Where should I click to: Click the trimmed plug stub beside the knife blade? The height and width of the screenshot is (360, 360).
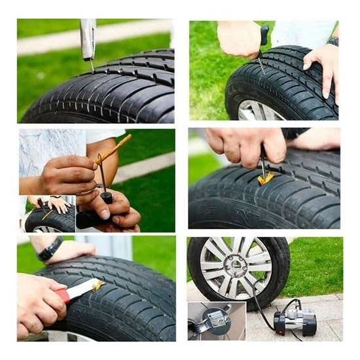click(98, 284)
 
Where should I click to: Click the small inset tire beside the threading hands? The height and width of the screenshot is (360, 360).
click(49, 220)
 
